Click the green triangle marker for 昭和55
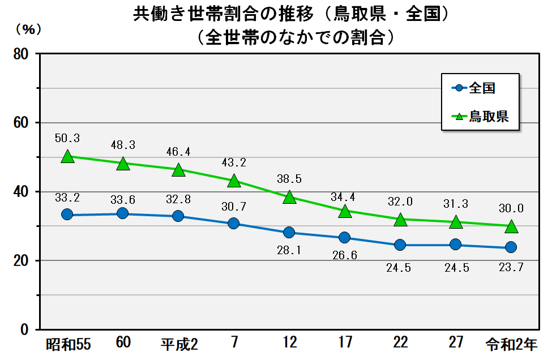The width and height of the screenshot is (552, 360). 67,156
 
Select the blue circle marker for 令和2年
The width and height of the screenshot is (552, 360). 511,247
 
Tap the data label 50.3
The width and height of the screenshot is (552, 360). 67,138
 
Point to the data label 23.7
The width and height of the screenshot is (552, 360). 511,268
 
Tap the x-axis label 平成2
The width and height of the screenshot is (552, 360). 178,344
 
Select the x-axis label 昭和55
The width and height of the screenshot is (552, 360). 68,344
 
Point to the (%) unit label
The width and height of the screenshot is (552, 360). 27,29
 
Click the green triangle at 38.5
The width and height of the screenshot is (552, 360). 289,197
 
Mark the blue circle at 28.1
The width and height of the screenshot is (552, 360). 289,232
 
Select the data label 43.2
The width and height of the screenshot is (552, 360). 234,162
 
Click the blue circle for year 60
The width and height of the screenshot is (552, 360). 122,213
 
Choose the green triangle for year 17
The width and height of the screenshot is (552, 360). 345,211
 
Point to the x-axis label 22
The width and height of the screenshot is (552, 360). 400,342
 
